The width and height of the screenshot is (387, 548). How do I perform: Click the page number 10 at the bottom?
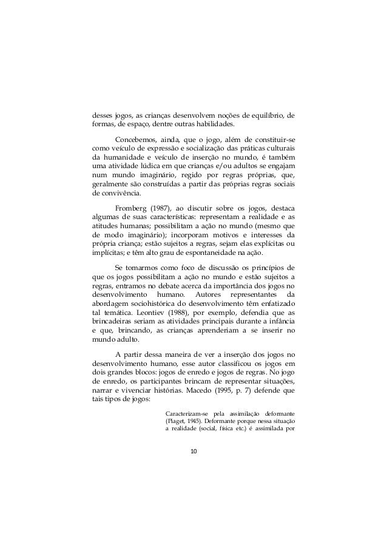[x=193, y=452]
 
